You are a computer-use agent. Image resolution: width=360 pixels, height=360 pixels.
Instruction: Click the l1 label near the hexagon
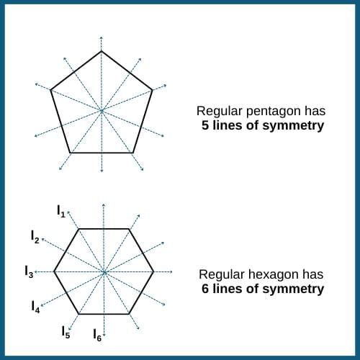(61, 212)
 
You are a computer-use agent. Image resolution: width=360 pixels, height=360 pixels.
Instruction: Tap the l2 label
(35, 237)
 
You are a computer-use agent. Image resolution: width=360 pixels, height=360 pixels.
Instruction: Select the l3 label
(29, 272)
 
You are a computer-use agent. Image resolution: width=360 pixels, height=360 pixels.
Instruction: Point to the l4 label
(35, 307)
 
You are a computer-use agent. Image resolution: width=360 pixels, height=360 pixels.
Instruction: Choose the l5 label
(66, 332)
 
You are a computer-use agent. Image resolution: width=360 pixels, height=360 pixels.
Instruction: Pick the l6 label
(97, 335)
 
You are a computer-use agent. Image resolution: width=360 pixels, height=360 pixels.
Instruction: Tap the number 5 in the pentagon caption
(205, 125)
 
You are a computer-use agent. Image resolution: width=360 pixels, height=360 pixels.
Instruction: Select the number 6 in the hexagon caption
(205, 289)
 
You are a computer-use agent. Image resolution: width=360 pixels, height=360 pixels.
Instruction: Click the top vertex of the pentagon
(102, 51)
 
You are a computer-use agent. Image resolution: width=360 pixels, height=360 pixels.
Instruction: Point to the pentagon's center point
(102, 111)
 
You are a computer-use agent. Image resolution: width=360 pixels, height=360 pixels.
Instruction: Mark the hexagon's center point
(104, 272)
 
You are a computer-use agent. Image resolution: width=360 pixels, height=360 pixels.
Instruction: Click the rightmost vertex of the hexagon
(153, 272)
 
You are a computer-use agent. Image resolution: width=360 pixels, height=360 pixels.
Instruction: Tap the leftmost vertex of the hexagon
(54, 271)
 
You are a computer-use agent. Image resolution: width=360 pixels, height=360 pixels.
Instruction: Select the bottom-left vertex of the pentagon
(70, 153)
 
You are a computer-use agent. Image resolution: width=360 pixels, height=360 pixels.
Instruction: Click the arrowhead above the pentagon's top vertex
(102, 37)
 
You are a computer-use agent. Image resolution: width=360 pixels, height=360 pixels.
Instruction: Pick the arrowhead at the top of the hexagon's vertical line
(104, 204)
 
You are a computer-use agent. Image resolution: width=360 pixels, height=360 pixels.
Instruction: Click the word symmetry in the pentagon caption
(293, 126)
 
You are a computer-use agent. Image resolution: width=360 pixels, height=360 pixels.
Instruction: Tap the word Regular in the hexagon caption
(220, 275)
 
